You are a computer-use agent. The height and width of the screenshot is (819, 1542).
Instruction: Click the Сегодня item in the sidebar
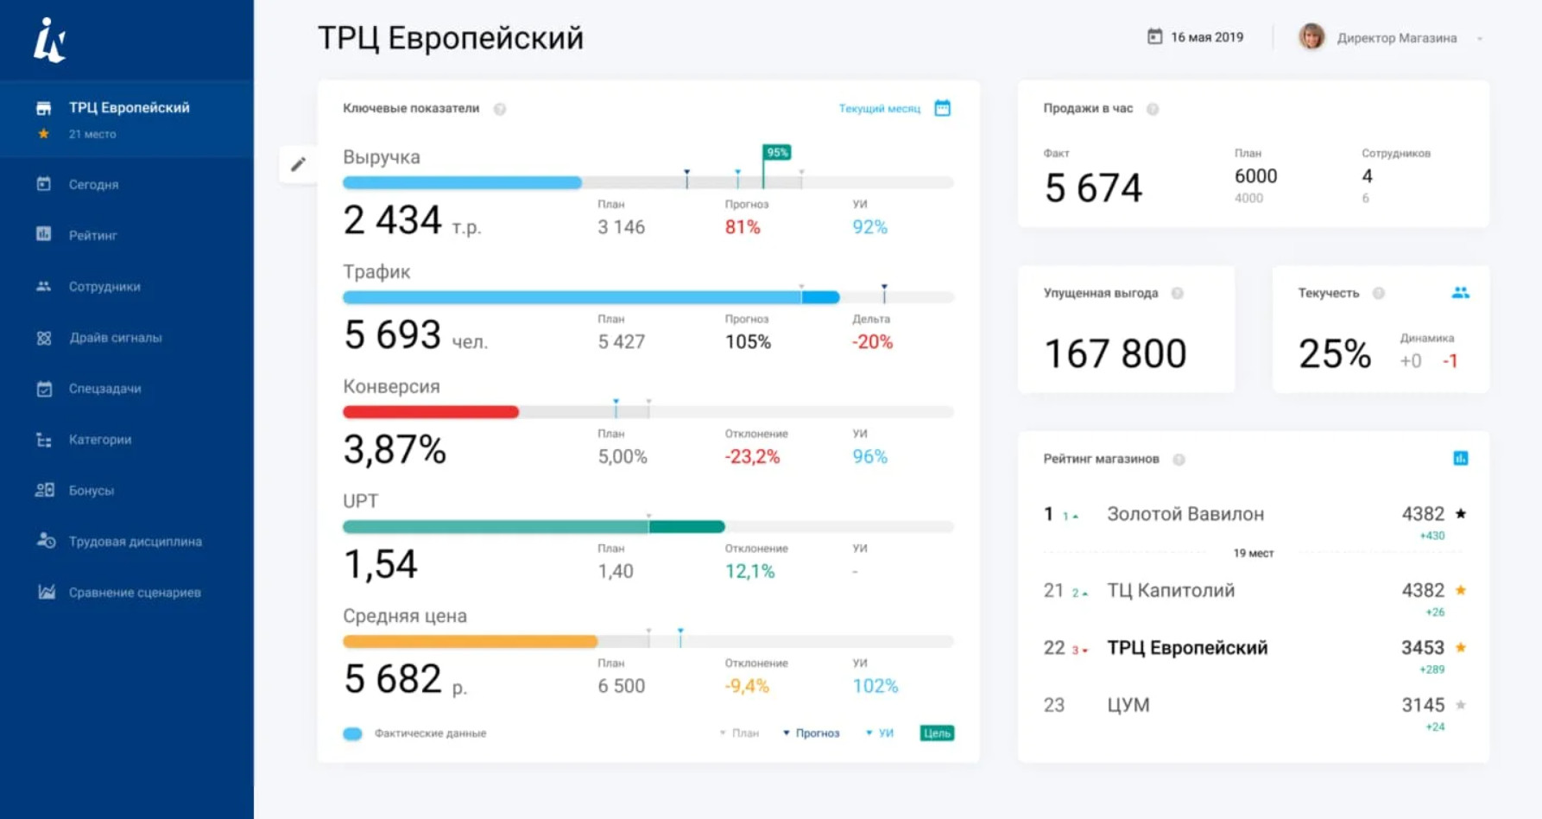coord(93,184)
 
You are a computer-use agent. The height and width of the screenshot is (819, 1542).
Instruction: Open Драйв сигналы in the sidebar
coord(115,338)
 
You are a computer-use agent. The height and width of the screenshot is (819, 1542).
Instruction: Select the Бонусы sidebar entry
coord(92,491)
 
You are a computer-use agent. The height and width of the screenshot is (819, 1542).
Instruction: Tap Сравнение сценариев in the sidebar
coord(135,593)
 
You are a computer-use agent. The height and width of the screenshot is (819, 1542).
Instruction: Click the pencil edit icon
coord(298,164)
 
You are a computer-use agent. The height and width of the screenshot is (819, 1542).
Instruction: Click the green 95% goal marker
coord(777,153)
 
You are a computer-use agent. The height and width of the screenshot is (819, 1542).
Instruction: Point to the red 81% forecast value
coord(743,227)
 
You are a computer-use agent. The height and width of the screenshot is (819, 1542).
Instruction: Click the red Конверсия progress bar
coord(431,412)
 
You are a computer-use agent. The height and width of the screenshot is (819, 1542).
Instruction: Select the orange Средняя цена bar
coord(470,642)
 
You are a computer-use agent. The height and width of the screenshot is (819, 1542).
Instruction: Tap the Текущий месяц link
coord(879,109)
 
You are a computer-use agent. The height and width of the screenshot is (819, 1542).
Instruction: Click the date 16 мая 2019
coord(1207,37)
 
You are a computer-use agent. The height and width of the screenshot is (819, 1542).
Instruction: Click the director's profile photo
coord(1311,37)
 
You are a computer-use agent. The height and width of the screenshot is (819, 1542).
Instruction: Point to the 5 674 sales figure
coord(1093,188)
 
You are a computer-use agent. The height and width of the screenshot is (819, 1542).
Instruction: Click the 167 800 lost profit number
coord(1115,354)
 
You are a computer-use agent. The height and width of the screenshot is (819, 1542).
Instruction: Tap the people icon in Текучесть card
coord(1460,293)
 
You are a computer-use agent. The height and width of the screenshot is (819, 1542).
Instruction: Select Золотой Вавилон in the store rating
coord(1185,514)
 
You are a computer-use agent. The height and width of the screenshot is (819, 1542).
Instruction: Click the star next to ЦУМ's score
coord(1461,705)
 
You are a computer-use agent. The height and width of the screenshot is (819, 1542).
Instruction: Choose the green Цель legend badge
coord(937,733)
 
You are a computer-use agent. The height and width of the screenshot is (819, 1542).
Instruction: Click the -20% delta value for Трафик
coord(872,342)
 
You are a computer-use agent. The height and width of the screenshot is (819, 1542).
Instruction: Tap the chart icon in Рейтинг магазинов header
coord(1461,459)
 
